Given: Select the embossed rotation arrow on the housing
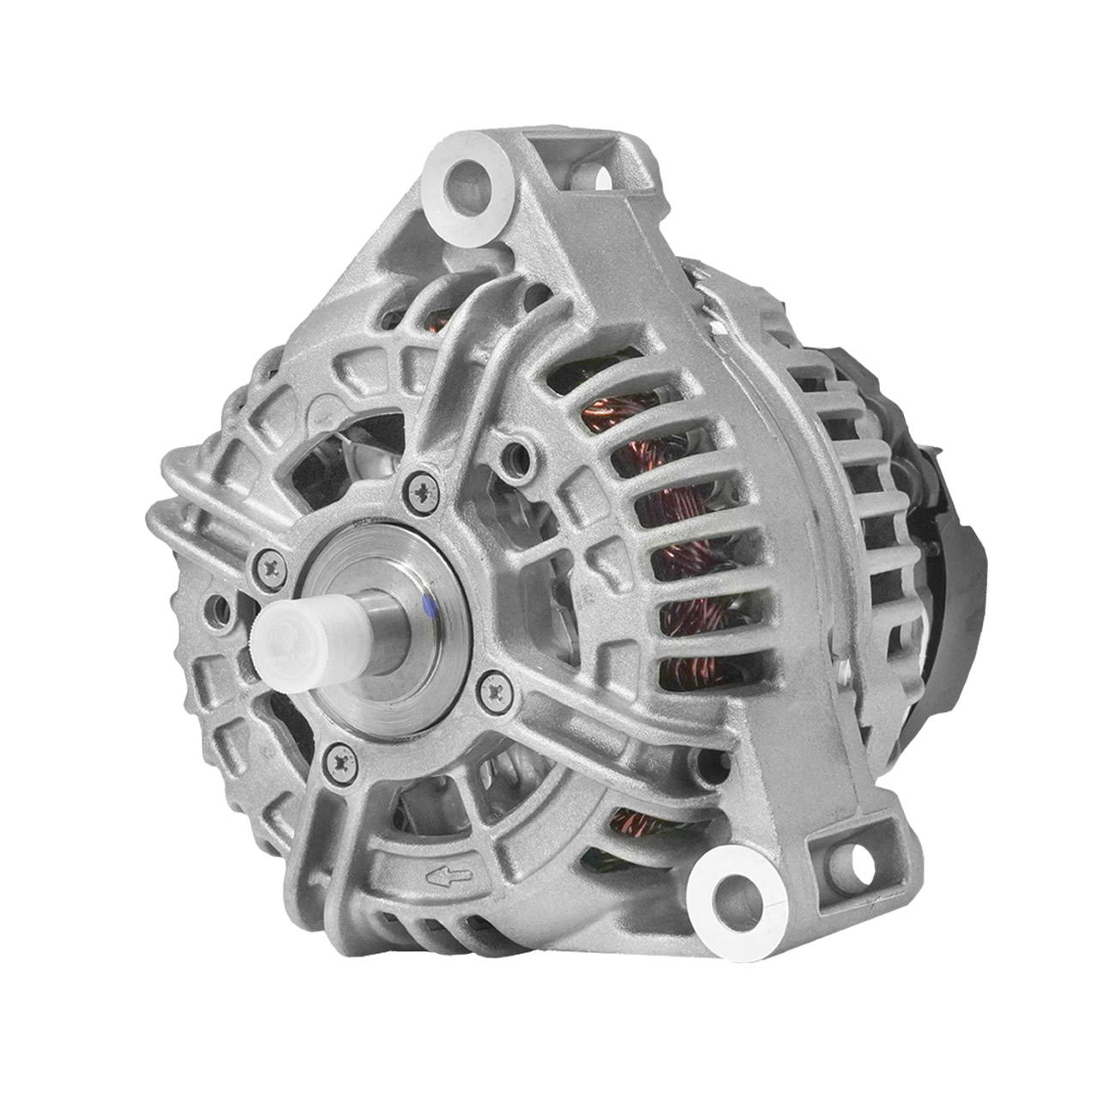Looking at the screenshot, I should point(447,876).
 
